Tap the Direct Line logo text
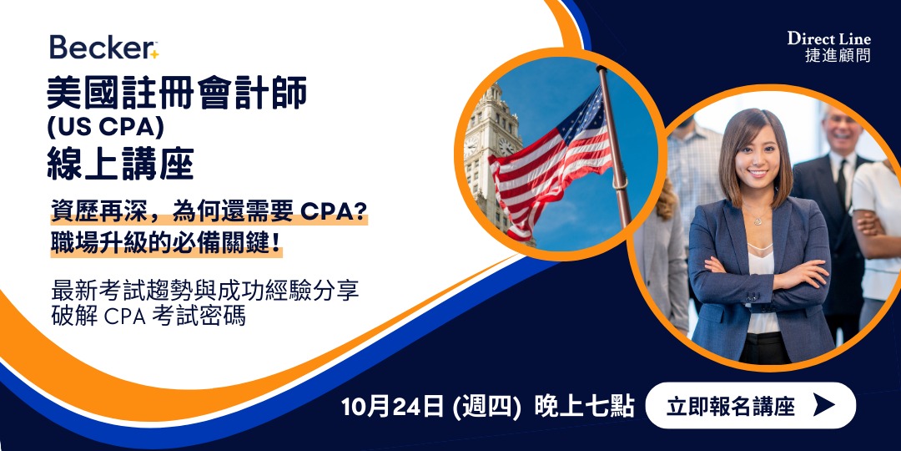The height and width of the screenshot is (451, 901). click(828, 38)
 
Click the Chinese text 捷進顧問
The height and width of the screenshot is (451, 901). click(838, 56)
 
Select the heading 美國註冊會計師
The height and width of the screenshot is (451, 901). click(176, 94)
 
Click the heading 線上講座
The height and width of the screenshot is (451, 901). click(120, 164)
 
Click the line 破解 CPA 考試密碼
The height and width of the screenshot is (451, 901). click(148, 317)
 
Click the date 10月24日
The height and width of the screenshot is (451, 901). click(391, 407)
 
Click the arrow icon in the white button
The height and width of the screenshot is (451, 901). click(824, 406)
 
